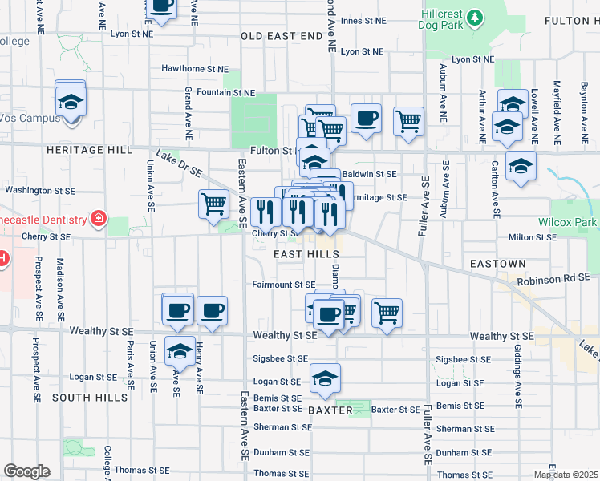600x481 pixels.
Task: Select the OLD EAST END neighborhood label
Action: [282, 36]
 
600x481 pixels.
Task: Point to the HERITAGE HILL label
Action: [87, 150]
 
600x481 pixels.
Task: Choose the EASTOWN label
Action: [497, 263]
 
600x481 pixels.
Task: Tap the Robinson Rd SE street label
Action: [553, 277]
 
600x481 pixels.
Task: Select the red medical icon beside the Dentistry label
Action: [99, 219]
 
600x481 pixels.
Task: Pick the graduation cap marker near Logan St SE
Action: [325, 378]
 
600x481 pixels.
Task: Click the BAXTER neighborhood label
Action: [330, 410]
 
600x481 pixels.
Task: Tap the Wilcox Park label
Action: [569, 222]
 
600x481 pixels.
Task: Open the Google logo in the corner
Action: [26, 471]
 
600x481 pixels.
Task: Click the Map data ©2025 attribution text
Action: [566, 475]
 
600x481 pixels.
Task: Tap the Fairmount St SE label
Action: [283, 285]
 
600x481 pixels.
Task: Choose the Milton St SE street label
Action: [533, 237]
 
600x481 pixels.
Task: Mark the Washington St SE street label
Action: [40, 192]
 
